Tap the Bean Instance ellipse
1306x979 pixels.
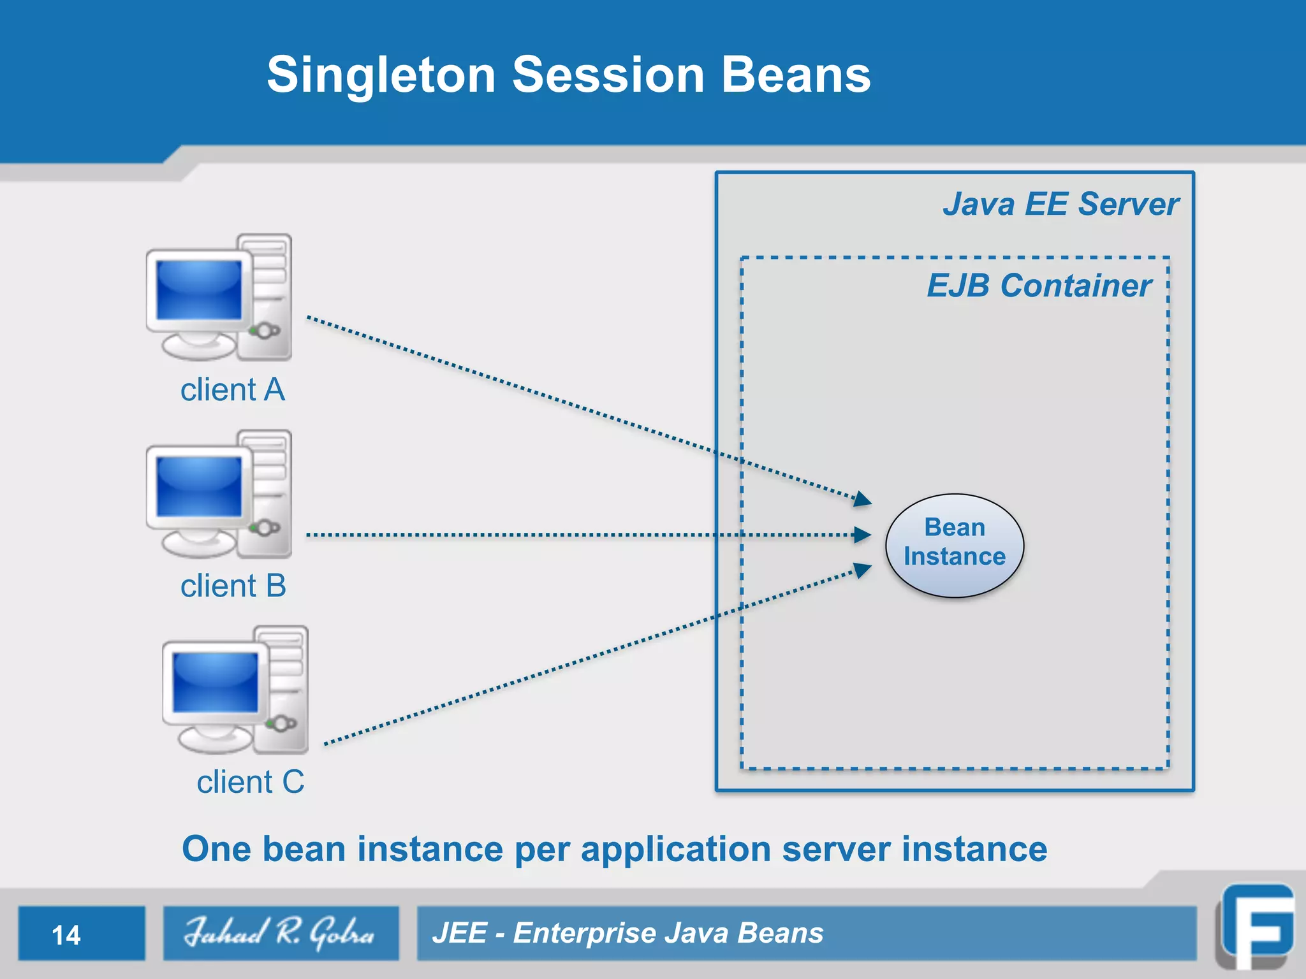[954, 545]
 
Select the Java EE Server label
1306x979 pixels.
[1060, 205]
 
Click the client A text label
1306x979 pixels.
[232, 389]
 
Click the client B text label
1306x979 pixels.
[233, 586]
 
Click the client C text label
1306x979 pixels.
[250, 782]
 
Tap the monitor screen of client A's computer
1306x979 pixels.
[199, 290]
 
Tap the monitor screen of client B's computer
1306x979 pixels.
[199, 486]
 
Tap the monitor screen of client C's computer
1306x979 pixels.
[216, 683]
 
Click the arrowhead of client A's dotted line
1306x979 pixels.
[863, 499]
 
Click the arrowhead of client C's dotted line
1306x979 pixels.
[863, 569]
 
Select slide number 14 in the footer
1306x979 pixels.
[66, 935]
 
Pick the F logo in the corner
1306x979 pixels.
[1257, 928]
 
